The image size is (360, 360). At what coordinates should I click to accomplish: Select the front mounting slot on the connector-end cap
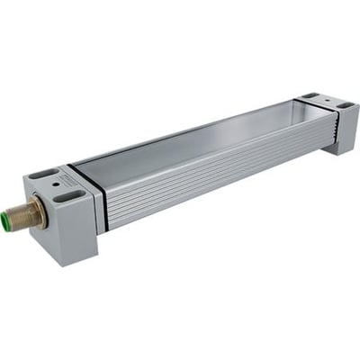click(x=69, y=194)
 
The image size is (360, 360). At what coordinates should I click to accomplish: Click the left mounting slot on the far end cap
click(x=310, y=95)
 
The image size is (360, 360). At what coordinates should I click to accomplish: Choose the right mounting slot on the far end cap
click(x=345, y=105)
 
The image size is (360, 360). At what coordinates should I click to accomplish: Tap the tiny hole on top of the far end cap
click(x=327, y=100)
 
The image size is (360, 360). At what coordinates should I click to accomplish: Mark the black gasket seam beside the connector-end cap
click(x=105, y=200)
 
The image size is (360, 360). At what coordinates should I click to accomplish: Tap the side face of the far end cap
click(x=348, y=130)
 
